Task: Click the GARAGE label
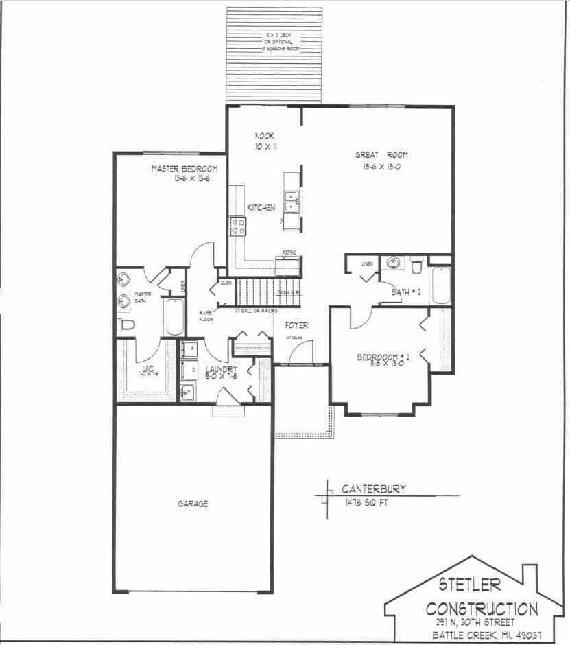pos(193,504)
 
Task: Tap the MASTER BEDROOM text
pos(185,169)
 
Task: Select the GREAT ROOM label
pos(381,155)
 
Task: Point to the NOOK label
pos(265,136)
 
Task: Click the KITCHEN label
pos(261,207)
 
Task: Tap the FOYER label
pos(296,325)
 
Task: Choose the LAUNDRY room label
pos(222,369)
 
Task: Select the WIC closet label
pos(147,369)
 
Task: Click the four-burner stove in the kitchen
pos(238,226)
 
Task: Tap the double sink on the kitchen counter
pos(291,201)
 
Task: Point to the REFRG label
pos(289,253)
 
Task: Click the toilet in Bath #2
pos(416,264)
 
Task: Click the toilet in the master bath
pos(124,325)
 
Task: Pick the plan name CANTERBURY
pos(374,489)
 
